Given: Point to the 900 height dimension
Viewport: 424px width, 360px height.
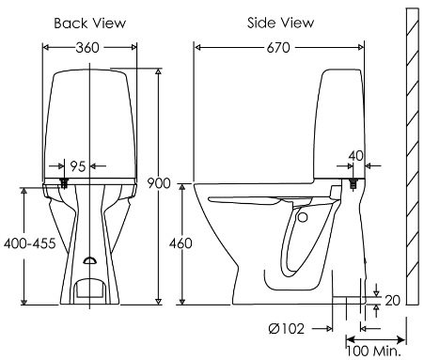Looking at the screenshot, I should point(159,182).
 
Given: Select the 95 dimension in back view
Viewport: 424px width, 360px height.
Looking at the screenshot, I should point(78,165).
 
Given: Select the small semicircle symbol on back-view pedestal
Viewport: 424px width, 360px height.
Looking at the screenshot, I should point(89,261).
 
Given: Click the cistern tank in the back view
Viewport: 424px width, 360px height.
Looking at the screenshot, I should point(90,117).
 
